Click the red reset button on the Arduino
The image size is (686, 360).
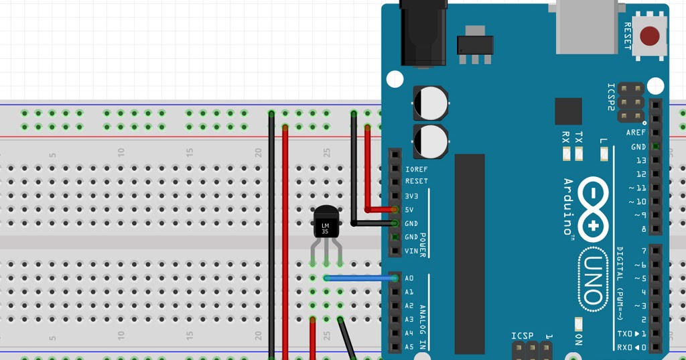[649, 36]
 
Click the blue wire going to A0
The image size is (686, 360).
[359, 278]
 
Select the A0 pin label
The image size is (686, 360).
[409, 278]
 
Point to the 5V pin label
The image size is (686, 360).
[409, 210]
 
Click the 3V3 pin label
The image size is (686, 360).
[411, 196]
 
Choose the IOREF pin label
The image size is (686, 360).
[416, 169]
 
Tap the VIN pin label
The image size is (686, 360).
[411, 251]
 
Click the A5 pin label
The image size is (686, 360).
[409, 347]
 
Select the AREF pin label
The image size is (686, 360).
[636, 133]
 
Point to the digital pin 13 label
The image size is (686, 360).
[641, 160]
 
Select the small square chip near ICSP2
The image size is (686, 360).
[569, 111]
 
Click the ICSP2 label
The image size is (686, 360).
[611, 97]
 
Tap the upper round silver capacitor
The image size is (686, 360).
[430, 103]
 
